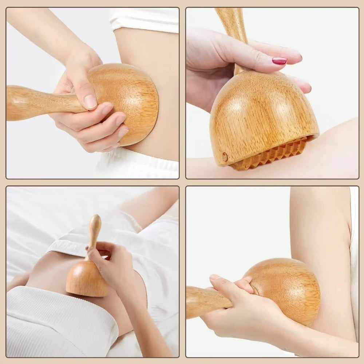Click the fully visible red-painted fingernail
(x=280, y=61)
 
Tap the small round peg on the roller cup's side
(x=225, y=157)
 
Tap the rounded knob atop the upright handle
(x=95, y=220)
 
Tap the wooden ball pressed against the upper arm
(x=288, y=288)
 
